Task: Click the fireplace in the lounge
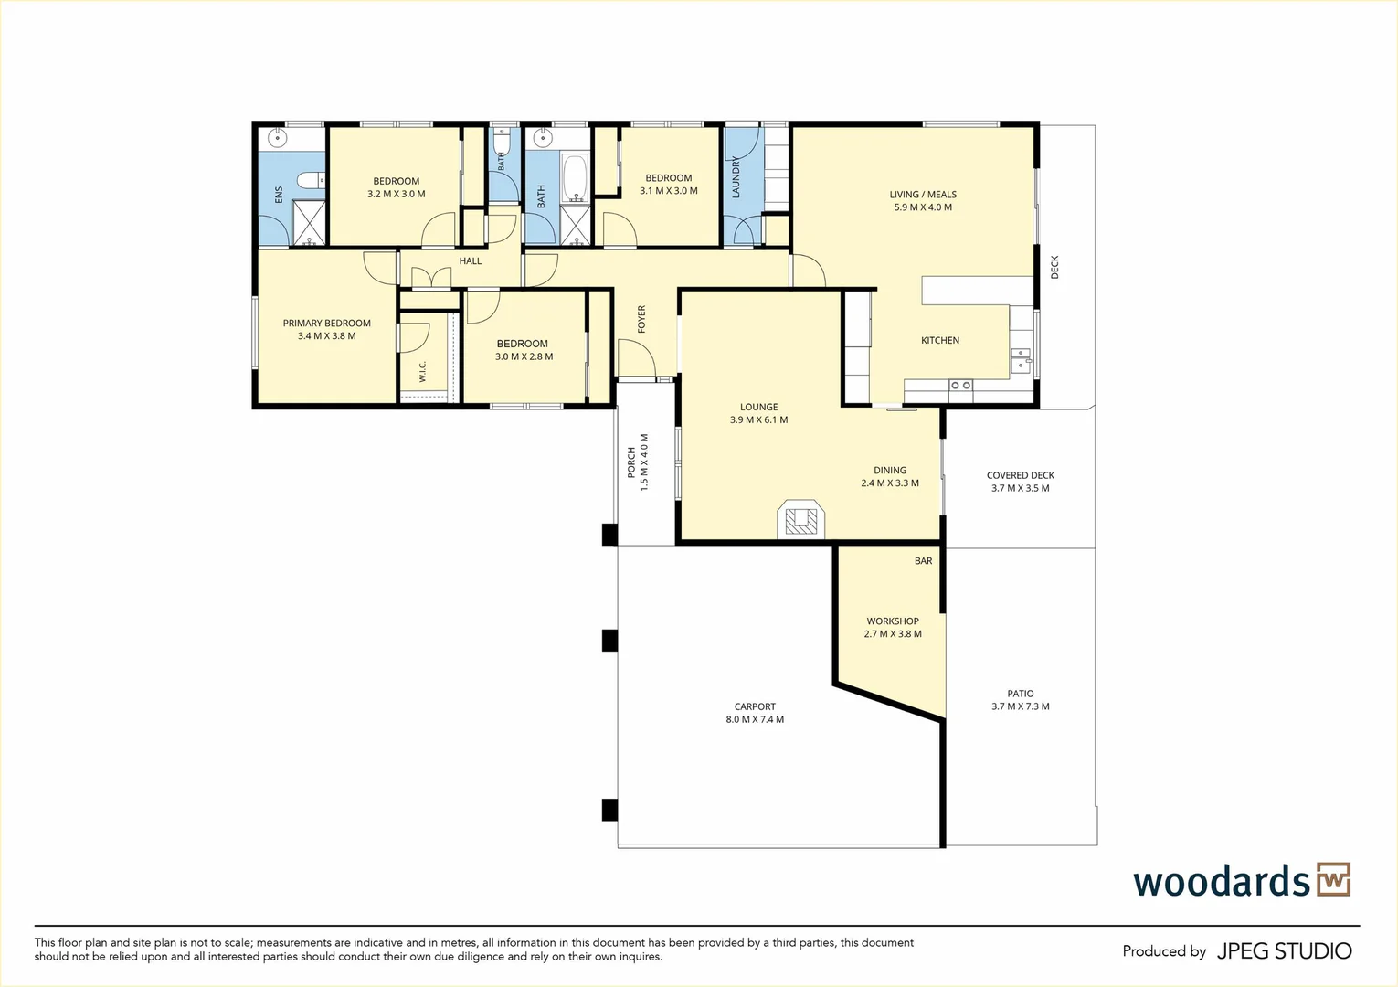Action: tap(800, 519)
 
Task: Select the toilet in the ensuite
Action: tap(310, 181)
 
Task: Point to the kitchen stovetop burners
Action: tap(960, 385)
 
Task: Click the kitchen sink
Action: tap(1021, 361)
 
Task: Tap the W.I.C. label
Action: tap(422, 371)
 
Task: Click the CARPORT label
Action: tap(755, 706)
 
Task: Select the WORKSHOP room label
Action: tap(893, 621)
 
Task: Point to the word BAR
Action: tap(923, 560)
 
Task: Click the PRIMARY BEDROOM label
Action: tap(326, 323)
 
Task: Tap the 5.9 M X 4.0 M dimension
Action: tap(923, 207)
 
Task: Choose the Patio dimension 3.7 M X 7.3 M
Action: tap(1021, 706)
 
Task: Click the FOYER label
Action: tap(641, 319)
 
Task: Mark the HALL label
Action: tap(471, 261)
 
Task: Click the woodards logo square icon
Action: tap(1334, 880)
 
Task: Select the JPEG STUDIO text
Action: tap(1285, 951)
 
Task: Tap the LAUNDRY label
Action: tap(736, 177)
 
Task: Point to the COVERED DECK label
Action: tap(1021, 475)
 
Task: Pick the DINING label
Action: tap(890, 470)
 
